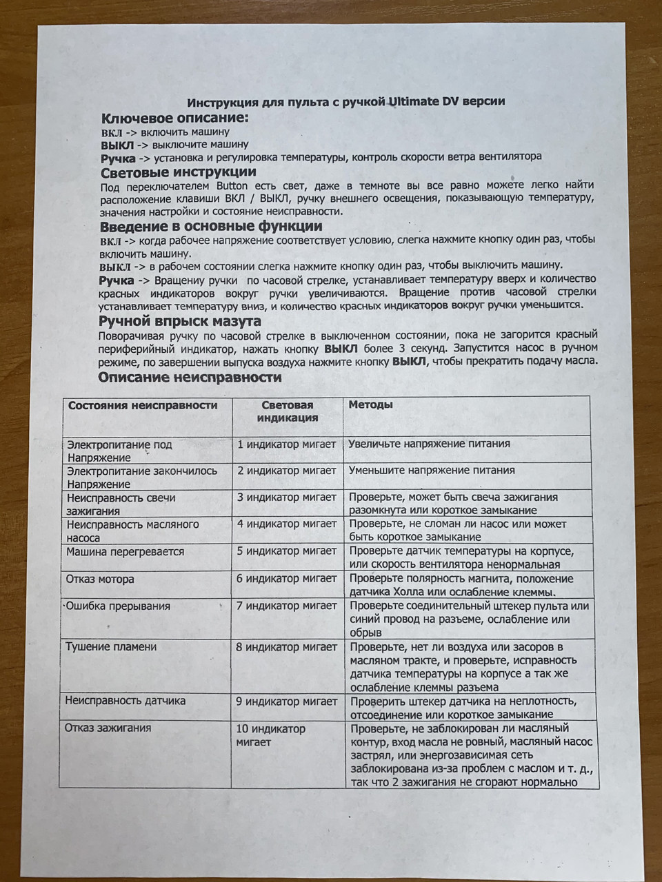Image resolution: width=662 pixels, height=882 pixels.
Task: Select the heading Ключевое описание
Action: (x=174, y=118)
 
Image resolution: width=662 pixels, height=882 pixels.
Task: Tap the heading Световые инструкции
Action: (x=179, y=172)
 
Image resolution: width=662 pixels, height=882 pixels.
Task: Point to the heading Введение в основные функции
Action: (x=211, y=226)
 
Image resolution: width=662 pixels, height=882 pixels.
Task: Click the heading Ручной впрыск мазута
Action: (x=180, y=321)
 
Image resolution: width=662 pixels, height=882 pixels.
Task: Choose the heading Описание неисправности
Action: (x=190, y=378)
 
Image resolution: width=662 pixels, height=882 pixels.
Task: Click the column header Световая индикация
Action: (x=288, y=411)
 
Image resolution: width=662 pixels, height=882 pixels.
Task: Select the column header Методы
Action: (x=370, y=405)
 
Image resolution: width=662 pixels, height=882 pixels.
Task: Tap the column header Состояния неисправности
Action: (x=143, y=405)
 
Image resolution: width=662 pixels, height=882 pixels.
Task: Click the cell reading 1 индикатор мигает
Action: (x=287, y=444)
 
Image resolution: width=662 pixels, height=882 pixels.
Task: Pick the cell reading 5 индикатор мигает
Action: (x=287, y=551)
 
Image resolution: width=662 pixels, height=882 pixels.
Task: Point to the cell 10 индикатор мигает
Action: (x=271, y=735)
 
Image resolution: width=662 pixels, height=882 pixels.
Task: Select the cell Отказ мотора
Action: (x=100, y=579)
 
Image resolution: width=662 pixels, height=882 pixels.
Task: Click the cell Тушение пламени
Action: (x=111, y=647)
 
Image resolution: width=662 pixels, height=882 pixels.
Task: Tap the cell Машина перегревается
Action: (x=125, y=552)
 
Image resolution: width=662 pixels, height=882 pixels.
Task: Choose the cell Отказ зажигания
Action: (x=108, y=728)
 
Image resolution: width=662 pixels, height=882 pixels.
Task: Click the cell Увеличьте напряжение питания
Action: (x=429, y=444)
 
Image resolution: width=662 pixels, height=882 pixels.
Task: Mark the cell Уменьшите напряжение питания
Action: (x=432, y=471)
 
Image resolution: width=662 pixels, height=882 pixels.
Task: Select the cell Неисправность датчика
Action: (x=126, y=701)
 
